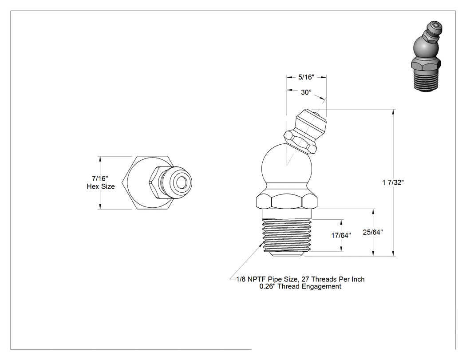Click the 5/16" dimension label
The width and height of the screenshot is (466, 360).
click(x=306, y=77)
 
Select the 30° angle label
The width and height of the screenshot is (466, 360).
click(x=306, y=92)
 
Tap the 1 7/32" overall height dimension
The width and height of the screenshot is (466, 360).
click(x=393, y=182)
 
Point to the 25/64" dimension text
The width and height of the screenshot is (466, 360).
click(x=373, y=232)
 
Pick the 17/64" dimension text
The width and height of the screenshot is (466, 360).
click(x=341, y=235)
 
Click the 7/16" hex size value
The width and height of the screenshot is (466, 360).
click(x=100, y=178)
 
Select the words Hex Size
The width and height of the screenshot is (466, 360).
click(x=101, y=186)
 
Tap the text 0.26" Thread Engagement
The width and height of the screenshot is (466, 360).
click(x=300, y=287)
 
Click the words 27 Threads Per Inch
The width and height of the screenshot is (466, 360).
click(x=333, y=279)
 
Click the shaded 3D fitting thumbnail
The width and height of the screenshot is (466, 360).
click(x=427, y=56)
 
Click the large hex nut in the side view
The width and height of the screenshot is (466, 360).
click(x=287, y=202)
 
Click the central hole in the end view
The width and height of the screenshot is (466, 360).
click(x=180, y=182)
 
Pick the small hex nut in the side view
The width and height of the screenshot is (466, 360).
click(x=300, y=142)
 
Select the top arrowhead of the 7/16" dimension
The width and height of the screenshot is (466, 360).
click(x=100, y=159)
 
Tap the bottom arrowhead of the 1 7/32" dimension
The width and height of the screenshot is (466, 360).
click(x=394, y=253)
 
